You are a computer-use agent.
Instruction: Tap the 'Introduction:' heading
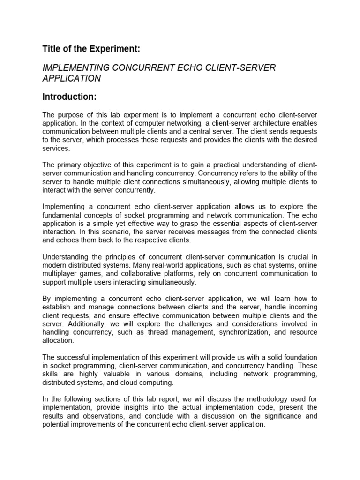69,97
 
